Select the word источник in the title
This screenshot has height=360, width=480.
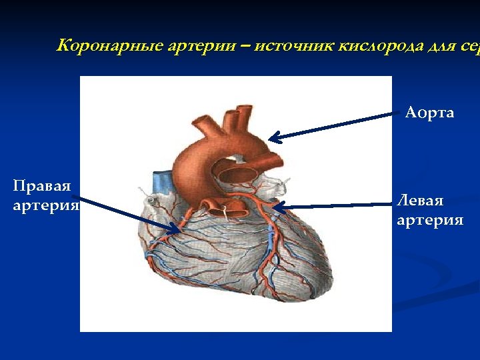tap(294, 46)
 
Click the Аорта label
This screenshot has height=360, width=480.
tap(429, 113)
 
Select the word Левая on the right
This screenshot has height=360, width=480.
tap(419, 201)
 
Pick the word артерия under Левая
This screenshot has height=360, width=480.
tap(430, 220)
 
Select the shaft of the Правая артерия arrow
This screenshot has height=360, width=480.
tap(127, 214)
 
